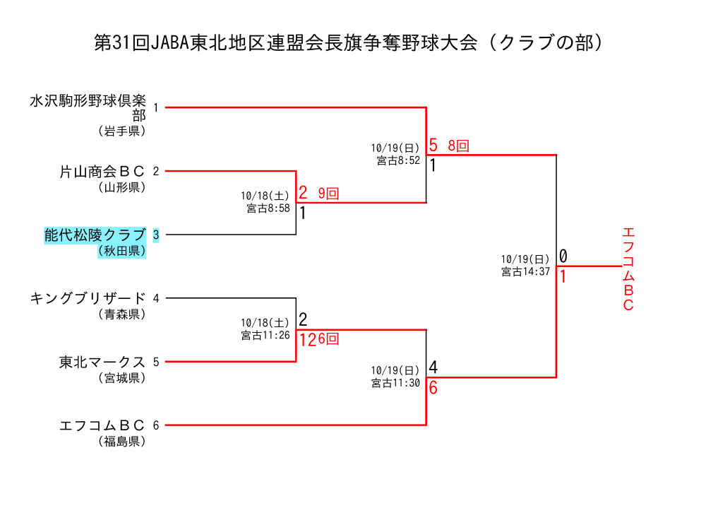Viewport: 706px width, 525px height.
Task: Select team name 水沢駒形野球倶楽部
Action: (x=88, y=107)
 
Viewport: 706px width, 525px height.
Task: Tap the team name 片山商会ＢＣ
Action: (x=102, y=171)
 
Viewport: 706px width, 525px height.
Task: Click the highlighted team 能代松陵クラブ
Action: (x=95, y=235)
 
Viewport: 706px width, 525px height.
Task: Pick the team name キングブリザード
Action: (x=88, y=298)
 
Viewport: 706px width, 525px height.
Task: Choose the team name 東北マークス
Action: (x=102, y=362)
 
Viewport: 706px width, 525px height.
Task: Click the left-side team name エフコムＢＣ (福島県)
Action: (x=102, y=425)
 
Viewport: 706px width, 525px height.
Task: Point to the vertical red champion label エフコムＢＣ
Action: (x=628, y=269)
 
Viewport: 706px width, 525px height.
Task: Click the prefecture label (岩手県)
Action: (x=121, y=131)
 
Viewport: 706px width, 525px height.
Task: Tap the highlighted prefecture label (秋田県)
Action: (x=121, y=251)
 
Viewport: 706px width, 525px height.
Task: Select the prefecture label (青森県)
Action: (x=121, y=314)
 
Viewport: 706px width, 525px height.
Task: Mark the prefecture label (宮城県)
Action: (x=121, y=378)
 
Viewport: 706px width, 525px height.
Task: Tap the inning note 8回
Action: (x=458, y=146)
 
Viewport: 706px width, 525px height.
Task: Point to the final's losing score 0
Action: (x=563, y=256)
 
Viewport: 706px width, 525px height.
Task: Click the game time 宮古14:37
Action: (x=525, y=271)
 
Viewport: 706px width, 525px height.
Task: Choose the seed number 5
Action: (x=156, y=362)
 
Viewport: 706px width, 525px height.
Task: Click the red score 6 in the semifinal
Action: (x=433, y=388)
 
